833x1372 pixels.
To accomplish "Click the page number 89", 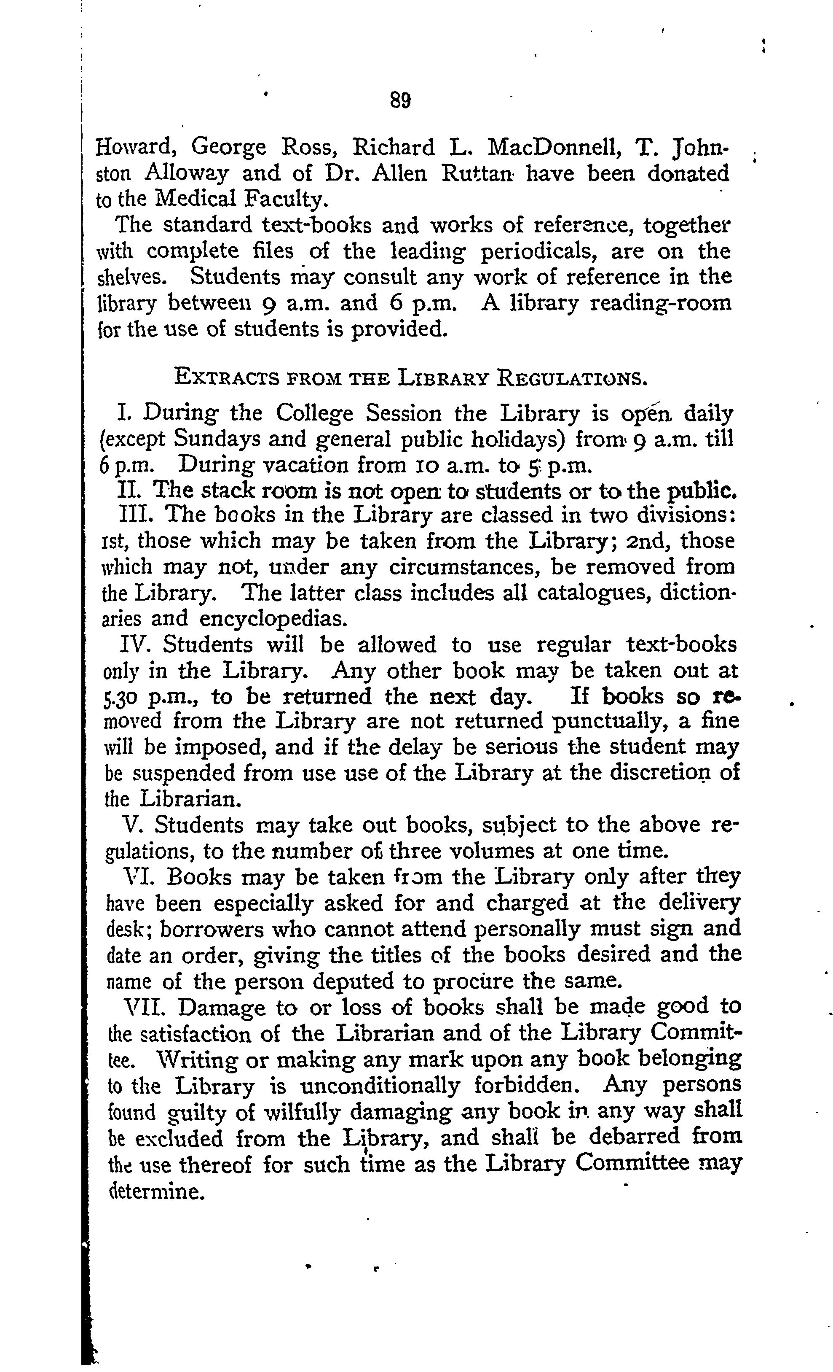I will pyautogui.click(x=401, y=100).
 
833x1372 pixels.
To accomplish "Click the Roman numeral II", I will pyautogui.click(x=130, y=490).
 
